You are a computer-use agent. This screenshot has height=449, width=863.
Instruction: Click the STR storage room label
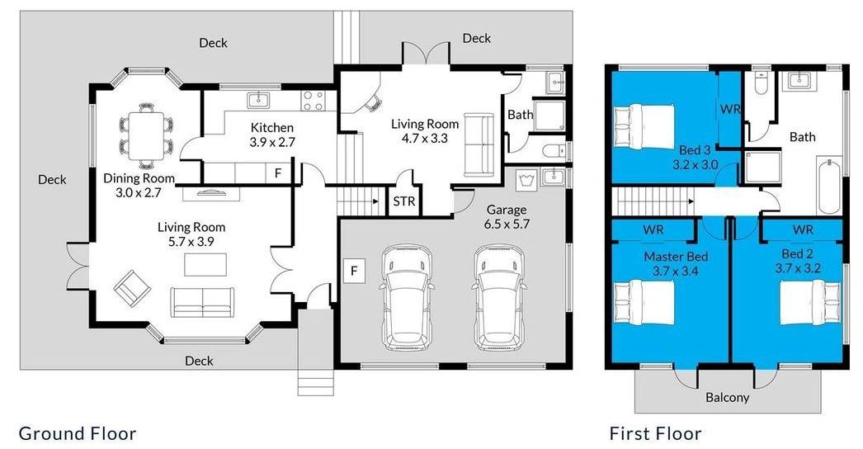[404, 201]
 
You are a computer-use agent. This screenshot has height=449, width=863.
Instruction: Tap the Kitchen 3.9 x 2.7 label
[272, 135]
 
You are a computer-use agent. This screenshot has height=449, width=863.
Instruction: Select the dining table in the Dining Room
[145, 135]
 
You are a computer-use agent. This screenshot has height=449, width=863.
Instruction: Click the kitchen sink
[257, 100]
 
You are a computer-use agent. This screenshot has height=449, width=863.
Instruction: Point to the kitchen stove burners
[314, 101]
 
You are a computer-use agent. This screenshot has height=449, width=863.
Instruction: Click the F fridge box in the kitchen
[278, 173]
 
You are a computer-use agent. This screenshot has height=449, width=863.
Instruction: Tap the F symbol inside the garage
[355, 271]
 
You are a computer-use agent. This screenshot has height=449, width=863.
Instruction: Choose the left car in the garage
[408, 297]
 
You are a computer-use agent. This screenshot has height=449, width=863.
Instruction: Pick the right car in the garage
[500, 297]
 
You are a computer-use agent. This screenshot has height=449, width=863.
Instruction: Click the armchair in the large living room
[132, 287]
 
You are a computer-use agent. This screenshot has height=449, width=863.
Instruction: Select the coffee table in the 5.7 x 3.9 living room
[205, 264]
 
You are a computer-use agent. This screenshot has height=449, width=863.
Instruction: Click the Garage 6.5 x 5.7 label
[507, 216]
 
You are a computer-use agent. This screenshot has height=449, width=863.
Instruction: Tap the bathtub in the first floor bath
[829, 187]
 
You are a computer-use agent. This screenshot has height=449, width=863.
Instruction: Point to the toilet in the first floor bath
[762, 83]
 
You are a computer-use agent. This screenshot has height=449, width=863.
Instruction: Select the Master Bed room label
[676, 257]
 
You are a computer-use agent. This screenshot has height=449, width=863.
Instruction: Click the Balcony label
[727, 397]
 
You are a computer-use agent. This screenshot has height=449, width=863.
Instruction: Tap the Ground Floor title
[77, 433]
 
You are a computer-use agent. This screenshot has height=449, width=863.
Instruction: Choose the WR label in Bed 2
[803, 229]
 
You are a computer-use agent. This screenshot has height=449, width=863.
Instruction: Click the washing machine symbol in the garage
[523, 179]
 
